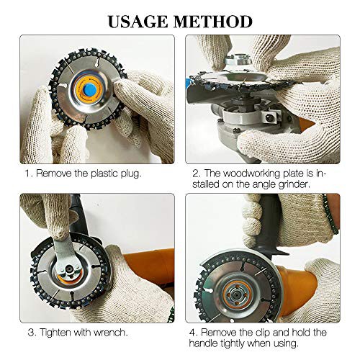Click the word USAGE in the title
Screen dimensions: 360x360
[x=138, y=22]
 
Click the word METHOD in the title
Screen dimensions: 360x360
[x=213, y=22]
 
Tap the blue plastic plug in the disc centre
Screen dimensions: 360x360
[x=90, y=89]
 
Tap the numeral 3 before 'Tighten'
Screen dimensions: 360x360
[x=31, y=333]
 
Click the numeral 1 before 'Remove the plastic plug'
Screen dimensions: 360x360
[x=28, y=174]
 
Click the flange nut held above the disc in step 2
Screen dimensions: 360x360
[x=238, y=59]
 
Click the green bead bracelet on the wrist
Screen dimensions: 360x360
[x=330, y=214]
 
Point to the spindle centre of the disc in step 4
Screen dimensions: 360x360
[x=237, y=294]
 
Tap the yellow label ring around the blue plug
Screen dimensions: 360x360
[x=90, y=89]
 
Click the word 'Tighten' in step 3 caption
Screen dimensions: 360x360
[x=55, y=333]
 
